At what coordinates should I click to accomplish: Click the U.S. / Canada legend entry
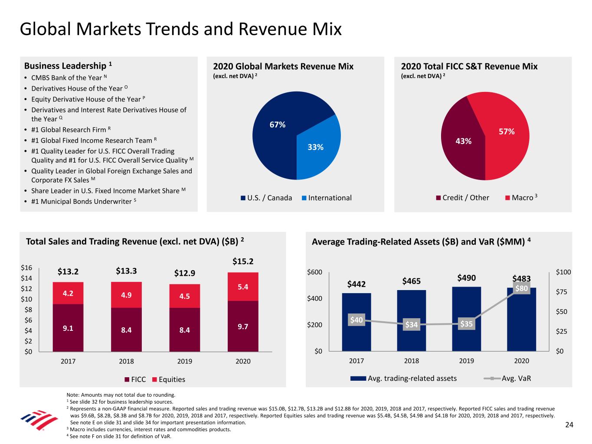[x=266, y=198]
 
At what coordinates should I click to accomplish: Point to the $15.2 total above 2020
[x=243, y=261]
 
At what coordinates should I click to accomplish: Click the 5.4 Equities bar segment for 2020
[x=243, y=287]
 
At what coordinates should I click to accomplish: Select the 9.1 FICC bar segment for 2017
[x=68, y=328]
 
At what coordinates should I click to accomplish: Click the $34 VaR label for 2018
[x=412, y=324]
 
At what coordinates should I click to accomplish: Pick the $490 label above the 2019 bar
[x=466, y=278]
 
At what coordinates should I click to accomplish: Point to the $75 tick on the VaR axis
[x=563, y=292]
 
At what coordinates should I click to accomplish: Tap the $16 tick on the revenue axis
[x=26, y=268]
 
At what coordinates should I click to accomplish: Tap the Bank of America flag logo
[x=39, y=420]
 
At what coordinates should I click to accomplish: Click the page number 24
[x=569, y=425]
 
